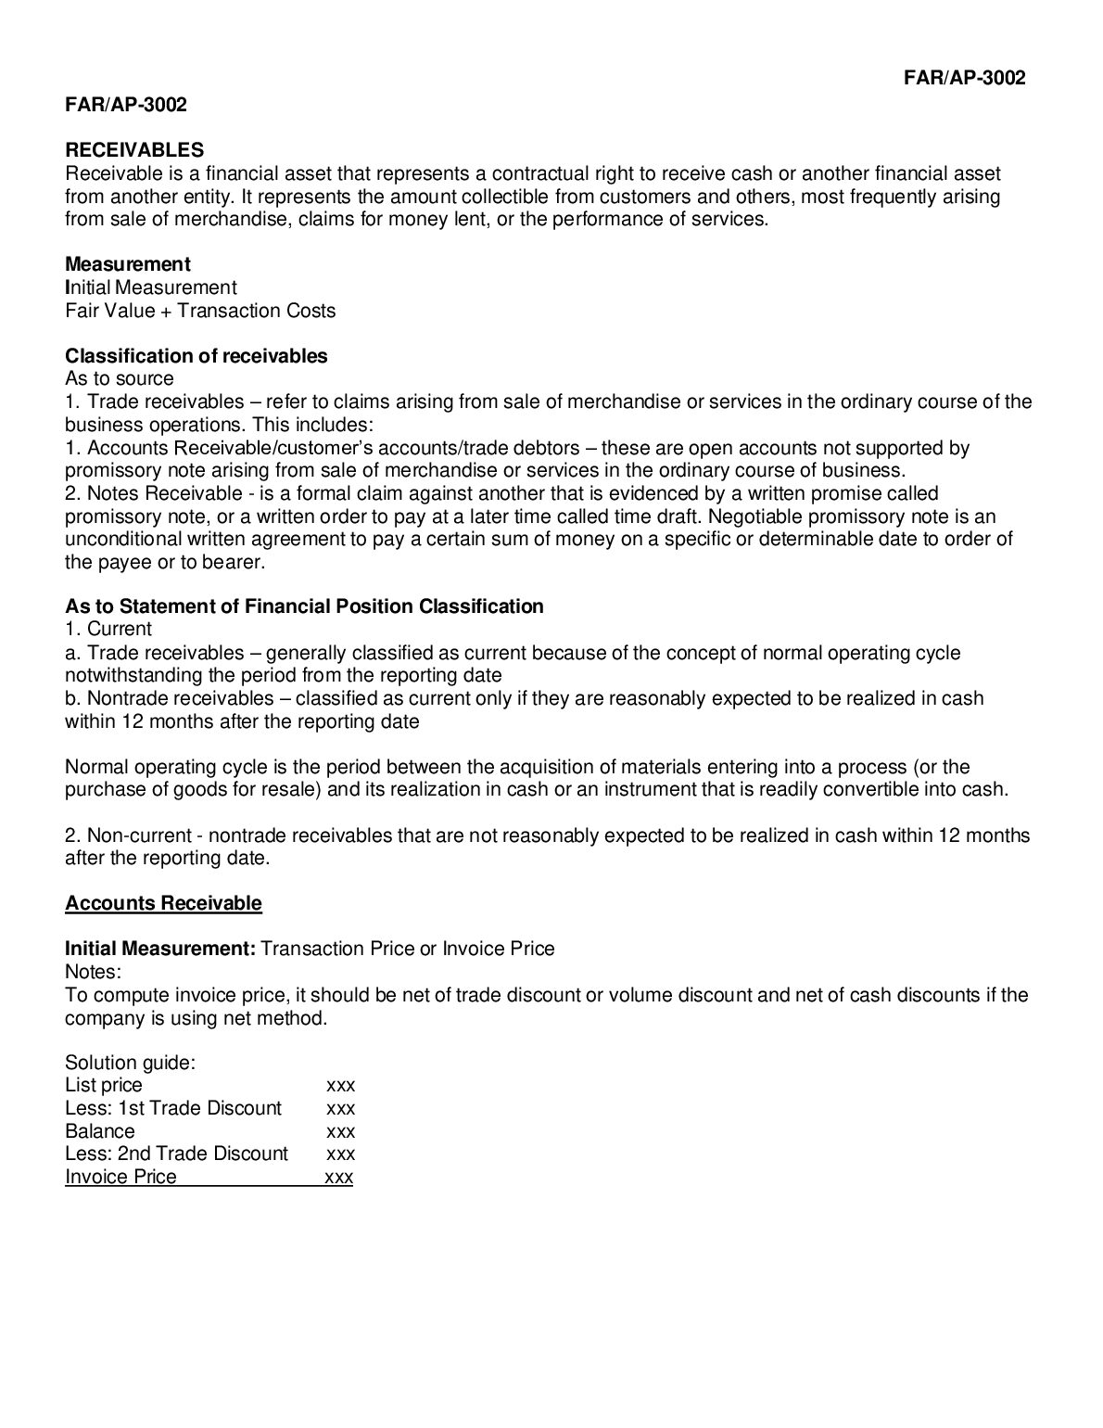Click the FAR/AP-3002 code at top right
click(964, 78)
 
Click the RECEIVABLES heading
click(134, 150)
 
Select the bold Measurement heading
click(128, 264)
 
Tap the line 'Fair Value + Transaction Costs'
click(200, 311)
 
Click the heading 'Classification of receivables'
click(197, 356)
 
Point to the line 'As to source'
click(120, 378)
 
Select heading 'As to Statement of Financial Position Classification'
click(304, 606)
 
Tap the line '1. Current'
click(108, 630)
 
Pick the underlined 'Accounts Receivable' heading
click(163, 903)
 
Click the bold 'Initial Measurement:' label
click(160, 949)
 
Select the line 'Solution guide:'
click(130, 1063)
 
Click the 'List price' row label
click(104, 1085)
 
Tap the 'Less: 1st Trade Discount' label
click(173, 1108)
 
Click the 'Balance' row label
click(100, 1131)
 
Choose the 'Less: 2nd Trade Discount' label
click(177, 1154)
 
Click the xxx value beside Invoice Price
click(339, 1178)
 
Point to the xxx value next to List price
click(341, 1086)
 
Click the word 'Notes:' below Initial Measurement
click(94, 972)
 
